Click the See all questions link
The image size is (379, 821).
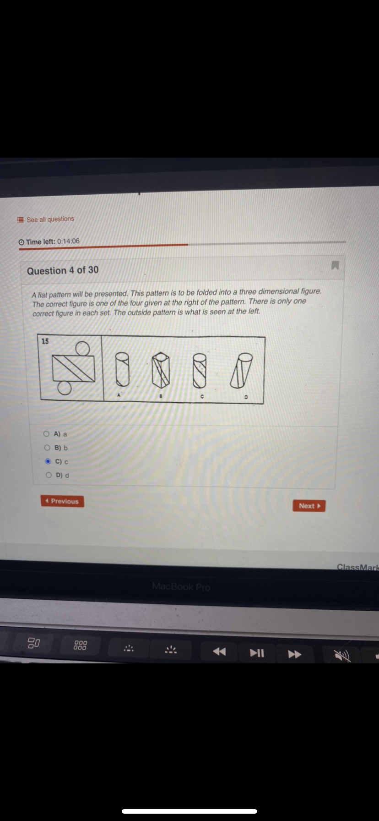point(50,219)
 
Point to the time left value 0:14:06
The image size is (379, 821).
point(68,241)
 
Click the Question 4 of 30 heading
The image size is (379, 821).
point(63,270)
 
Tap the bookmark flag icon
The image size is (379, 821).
point(335,265)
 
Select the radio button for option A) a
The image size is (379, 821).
point(47,433)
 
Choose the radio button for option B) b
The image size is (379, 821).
point(47,448)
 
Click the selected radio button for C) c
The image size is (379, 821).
point(48,461)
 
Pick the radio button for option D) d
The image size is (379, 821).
point(49,475)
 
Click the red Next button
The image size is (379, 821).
point(309,506)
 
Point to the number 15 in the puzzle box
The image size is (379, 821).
point(45,341)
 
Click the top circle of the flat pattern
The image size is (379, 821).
point(82,349)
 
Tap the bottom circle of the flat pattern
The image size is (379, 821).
point(65,388)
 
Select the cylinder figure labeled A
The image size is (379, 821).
point(122,369)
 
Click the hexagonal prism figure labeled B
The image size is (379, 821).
point(161,370)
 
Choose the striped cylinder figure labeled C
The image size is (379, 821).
point(200,370)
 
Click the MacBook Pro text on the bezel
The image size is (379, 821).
point(181,586)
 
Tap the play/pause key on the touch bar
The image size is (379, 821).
point(257,653)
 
